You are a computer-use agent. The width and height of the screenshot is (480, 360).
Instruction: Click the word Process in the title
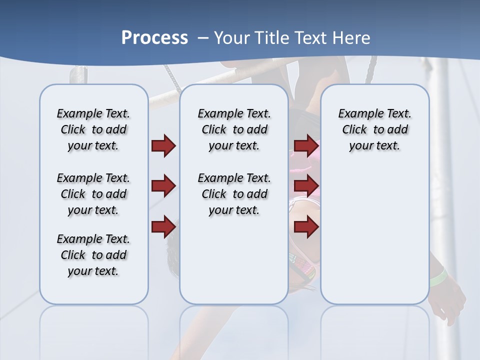[154, 37]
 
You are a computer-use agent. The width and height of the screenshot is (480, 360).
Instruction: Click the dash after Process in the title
[202, 38]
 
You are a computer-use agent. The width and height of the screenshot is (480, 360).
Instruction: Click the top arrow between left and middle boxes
[163, 145]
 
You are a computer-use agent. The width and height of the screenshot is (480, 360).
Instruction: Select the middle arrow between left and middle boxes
[163, 186]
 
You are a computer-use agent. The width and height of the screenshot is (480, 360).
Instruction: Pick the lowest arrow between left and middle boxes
[163, 226]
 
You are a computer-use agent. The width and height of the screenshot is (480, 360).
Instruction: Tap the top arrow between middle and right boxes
[306, 145]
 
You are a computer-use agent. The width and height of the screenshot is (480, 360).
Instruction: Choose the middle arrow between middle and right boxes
[306, 186]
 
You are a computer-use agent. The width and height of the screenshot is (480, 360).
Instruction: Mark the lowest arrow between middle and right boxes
[306, 226]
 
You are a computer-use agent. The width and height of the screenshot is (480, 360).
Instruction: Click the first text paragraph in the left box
[93, 129]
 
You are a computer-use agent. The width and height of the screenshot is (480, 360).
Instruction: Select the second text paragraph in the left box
[93, 194]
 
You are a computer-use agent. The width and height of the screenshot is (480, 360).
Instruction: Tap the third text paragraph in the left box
[93, 255]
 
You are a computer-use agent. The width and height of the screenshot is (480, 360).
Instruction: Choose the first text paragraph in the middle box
[234, 129]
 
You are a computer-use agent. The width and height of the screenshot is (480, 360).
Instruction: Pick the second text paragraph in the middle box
[234, 194]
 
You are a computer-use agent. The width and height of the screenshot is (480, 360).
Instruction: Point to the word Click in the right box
[354, 130]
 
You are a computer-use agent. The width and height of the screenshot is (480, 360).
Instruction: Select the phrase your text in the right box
[374, 146]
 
